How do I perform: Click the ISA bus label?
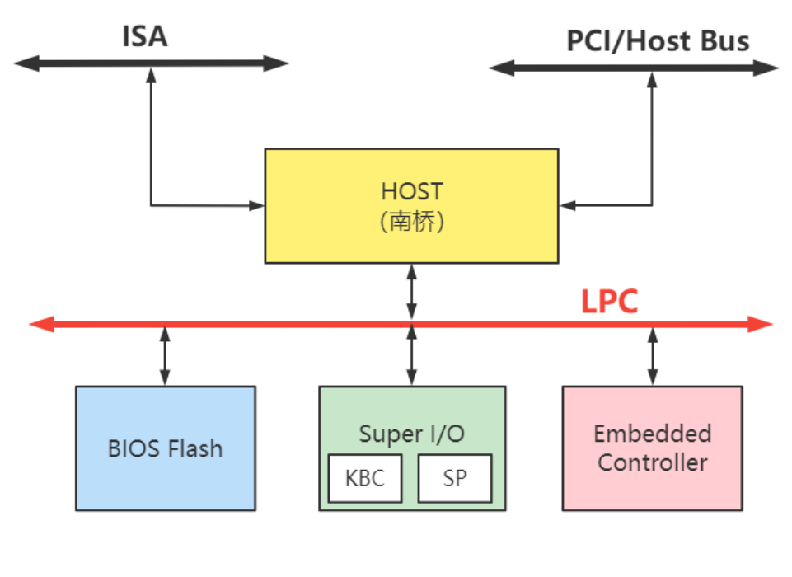145,36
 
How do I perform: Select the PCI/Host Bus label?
658,40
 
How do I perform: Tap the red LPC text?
609,302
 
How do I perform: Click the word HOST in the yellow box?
411,191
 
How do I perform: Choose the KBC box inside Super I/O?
364,478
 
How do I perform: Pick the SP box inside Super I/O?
454,478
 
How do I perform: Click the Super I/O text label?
411,434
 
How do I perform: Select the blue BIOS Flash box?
165,448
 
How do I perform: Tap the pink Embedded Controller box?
652,448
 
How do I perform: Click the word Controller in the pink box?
652,462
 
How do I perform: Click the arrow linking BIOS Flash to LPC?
165,355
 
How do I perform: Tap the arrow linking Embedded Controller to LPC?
653,355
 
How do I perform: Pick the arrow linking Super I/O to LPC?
411,355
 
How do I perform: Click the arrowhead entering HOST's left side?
256,205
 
